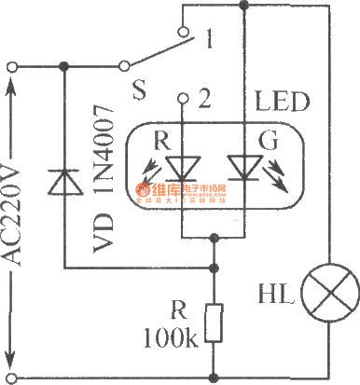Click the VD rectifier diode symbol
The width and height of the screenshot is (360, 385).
tap(64, 182)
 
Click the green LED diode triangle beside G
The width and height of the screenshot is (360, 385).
tap(243, 167)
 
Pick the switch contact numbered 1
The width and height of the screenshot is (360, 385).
tap(214, 41)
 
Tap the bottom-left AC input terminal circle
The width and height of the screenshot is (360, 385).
tap(10, 378)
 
